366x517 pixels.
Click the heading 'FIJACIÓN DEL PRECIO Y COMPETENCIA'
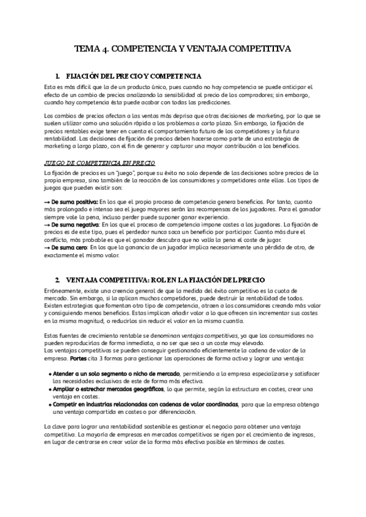134,76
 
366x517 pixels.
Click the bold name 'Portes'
78,358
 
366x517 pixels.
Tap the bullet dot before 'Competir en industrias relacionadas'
49,404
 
